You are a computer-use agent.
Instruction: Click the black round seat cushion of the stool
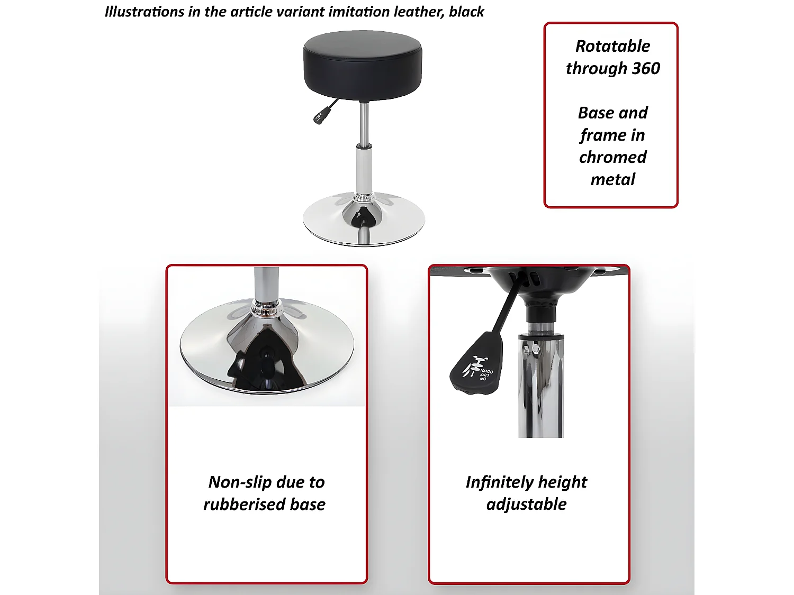pyautogui.click(x=363, y=65)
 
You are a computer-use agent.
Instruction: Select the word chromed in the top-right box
pyautogui.click(x=613, y=157)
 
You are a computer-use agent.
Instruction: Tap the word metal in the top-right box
pyautogui.click(x=613, y=179)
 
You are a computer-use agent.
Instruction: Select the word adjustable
pyautogui.click(x=526, y=505)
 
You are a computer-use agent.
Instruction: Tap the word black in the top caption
pyautogui.click(x=466, y=12)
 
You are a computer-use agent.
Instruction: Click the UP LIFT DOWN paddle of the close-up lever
pyautogui.click(x=477, y=365)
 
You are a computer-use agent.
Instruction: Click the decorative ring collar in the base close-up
pyautogui.click(x=266, y=308)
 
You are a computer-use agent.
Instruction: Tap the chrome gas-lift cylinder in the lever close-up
pyautogui.click(x=541, y=386)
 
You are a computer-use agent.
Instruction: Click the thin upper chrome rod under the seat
pyautogui.click(x=364, y=123)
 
